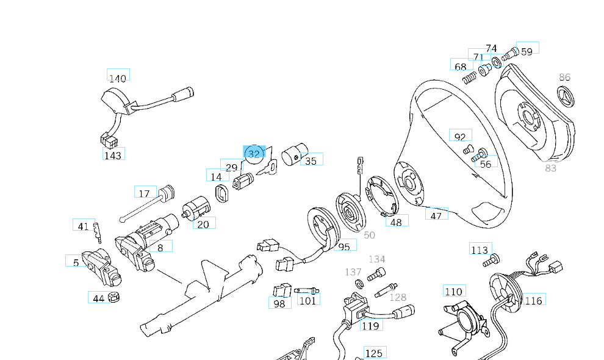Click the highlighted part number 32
(254, 153)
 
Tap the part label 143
(113, 155)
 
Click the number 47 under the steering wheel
(436, 215)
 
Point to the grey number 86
(564, 77)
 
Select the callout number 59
(527, 51)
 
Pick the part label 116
(533, 300)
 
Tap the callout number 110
(453, 292)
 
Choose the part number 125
(373, 353)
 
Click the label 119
(370, 325)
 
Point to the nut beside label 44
(113, 298)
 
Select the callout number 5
(76, 262)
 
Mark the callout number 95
(345, 246)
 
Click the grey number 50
(369, 235)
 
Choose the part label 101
(307, 300)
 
